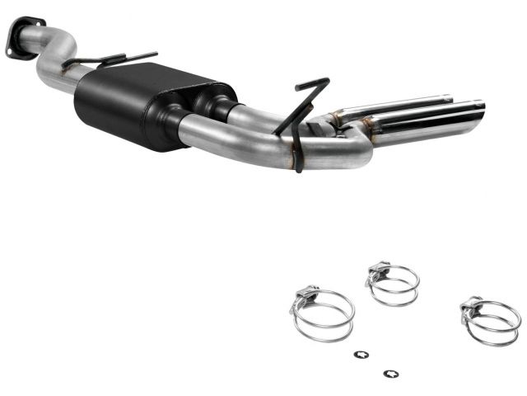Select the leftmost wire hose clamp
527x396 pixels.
tap(322, 314)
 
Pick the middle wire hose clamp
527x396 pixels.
tap(393, 284)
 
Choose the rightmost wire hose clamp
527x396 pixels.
tap(491, 321)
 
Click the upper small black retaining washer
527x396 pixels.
tap(360, 355)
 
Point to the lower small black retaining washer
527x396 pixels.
tap(387, 371)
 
